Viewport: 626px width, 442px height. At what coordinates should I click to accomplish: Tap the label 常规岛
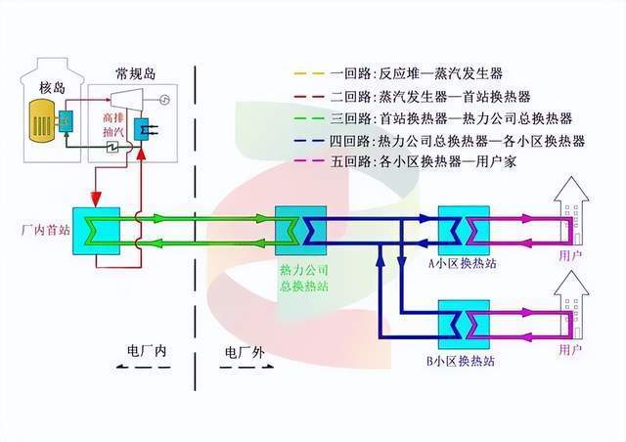coord(133,73)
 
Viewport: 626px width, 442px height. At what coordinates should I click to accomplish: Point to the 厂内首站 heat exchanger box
coord(96,232)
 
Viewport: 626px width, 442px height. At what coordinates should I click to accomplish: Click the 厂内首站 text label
coord(41,232)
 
